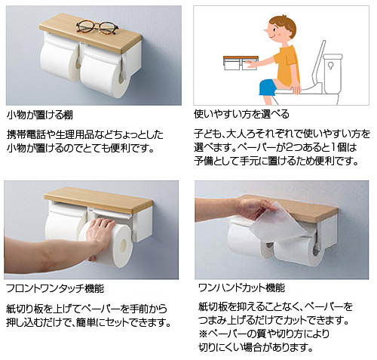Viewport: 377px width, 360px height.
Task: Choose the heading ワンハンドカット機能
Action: point(241,288)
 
